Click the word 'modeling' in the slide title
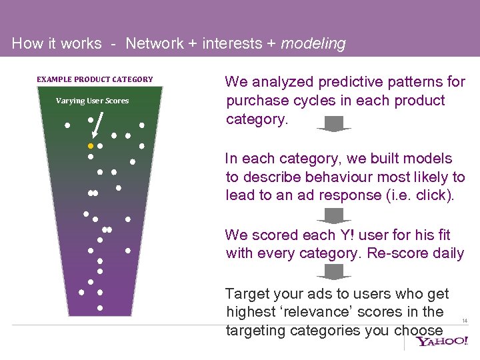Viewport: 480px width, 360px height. (x=313, y=44)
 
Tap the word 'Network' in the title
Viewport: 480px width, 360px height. (x=154, y=44)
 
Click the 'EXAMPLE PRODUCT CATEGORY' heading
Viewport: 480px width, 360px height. (x=95, y=79)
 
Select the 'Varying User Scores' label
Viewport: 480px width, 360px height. (x=92, y=101)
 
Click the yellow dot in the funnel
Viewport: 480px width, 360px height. (x=91, y=145)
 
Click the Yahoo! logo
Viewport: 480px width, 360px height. (x=443, y=342)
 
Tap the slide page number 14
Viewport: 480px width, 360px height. (x=465, y=321)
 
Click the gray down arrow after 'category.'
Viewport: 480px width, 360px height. (x=333, y=124)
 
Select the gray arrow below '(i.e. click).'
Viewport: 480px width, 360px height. (x=333, y=215)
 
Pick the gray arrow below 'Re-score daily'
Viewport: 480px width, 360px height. (x=333, y=271)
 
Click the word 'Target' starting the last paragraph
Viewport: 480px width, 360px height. (x=245, y=293)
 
